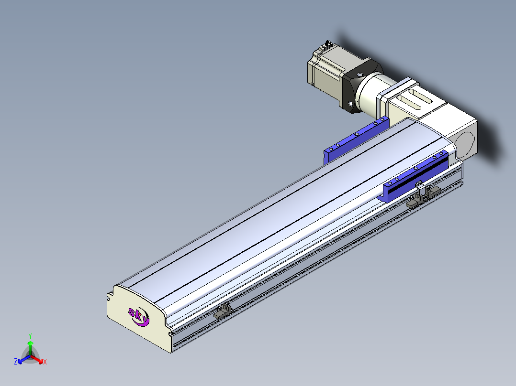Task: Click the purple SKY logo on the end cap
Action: click(x=138, y=316)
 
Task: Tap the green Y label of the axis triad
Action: click(x=30, y=336)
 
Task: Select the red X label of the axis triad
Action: click(x=45, y=362)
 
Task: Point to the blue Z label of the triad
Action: click(x=16, y=362)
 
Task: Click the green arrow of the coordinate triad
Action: click(x=30, y=348)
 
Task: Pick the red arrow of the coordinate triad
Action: click(x=37, y=359)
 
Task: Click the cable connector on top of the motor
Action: click(x=326, y=44)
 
